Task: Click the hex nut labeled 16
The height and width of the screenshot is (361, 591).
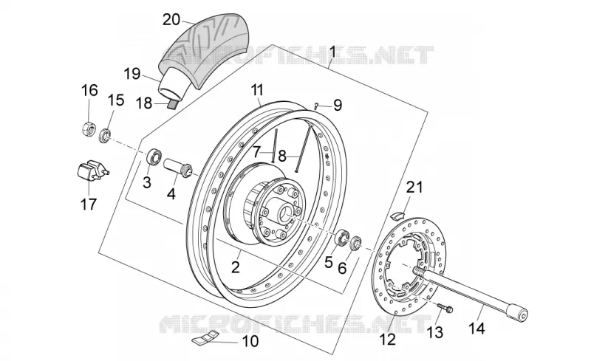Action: pyautogui.click(x=88, y=129)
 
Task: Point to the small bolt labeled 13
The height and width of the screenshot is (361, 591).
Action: pyautogui.click(x=445, y=308)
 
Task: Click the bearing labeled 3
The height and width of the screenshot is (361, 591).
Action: pyautogui.click(x=154, y=157)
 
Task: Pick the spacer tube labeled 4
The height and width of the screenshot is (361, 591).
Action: pyautogui.click(x=178, y=168)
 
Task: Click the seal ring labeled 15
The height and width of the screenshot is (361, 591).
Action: pyautogui.click(x=105, y=136)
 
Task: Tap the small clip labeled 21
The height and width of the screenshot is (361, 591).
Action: pyautogui.click(x=396, y=215)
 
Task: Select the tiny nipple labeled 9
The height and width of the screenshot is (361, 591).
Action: pyautogui.click(x=317, y=106)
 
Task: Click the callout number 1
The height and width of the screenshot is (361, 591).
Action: pyautogui.click(x=332, y=51)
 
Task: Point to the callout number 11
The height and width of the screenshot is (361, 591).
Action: pyautogui.click(x=257, y=91)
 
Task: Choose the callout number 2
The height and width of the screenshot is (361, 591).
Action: pyautogui.click(x=235, y=267)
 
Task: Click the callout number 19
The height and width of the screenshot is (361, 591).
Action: pyautogui.click(x=132, y=74)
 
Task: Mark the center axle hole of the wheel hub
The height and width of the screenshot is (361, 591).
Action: pyautogui.click(x=284, y=215)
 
